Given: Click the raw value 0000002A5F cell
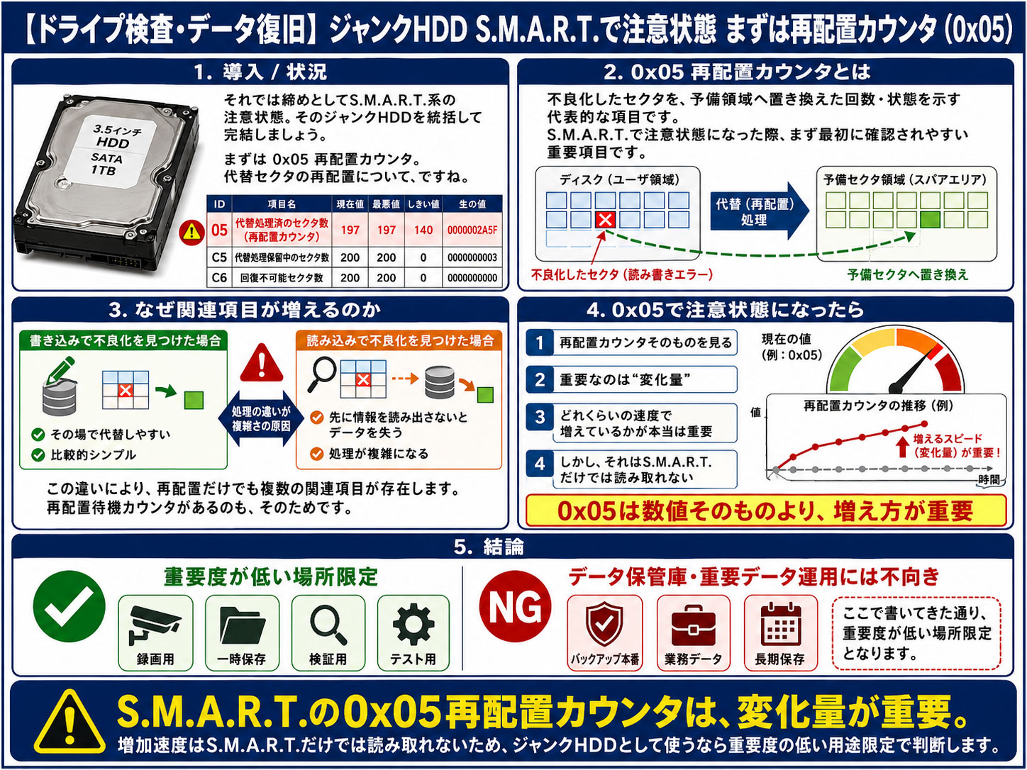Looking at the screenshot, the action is coord(472,230).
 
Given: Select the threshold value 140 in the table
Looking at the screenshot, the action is coord(423,230).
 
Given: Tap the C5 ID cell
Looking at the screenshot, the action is coord(219,257).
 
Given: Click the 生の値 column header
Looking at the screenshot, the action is coord(472,203).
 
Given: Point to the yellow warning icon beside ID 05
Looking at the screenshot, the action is coord(191,231).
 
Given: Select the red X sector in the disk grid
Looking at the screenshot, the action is coord(605,220).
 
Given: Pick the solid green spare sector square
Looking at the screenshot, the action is coord(930,220).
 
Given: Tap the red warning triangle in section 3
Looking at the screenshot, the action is coord(262,363).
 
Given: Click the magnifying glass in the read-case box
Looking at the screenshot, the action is coord(323,374).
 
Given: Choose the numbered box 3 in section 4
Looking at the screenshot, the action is coord(540,417).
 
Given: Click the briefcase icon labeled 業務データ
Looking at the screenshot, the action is coord(693,625).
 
